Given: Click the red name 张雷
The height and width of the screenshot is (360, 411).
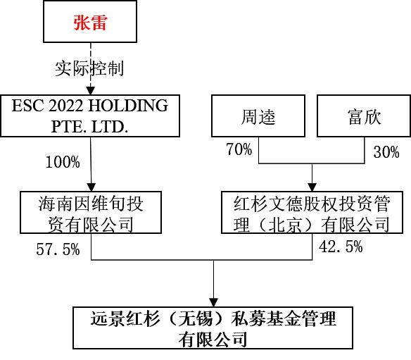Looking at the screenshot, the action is pyautogui.click(x=90, y=23).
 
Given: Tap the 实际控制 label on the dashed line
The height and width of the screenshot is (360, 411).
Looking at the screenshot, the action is pyautogui.click(x=89, y=68).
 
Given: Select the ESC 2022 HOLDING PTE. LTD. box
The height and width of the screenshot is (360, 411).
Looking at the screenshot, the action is pyautogui.click(x=90, y=116).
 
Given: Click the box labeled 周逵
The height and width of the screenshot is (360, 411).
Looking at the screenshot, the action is pyautogui.click(x=258, y=116).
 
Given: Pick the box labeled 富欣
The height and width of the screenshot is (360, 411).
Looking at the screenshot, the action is pyautogui.click(x=364, y=116).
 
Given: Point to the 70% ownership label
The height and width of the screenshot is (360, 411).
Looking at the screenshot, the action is pyautogui.click(x=239, y=149).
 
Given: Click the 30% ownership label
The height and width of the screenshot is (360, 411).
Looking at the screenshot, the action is pyautogui.click(x=386, y=152).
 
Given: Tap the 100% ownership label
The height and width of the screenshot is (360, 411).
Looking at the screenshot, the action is pyautogui.click(x=63, y=162).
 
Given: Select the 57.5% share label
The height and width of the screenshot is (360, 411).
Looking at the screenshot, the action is pyautogui.click(x=58, y=249).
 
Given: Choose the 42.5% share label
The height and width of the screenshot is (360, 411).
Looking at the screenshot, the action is pyautogui.click(x=341, y=247).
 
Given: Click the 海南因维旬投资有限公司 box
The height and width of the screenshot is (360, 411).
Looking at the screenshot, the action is pyautogui.click(x=91, y=212).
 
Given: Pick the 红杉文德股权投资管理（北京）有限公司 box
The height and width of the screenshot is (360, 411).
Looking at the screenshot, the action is pyautogui.click(x=312, y=212).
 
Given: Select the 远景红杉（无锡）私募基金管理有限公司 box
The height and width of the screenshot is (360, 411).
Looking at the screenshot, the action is pyautogui.click(x=213, y=328).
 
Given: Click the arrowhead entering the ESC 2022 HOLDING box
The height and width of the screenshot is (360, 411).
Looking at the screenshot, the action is pyautogui.click(x=90, y=91).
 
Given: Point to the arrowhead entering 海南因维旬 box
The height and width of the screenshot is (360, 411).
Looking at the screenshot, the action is pyautogui.click(x=91, y=187).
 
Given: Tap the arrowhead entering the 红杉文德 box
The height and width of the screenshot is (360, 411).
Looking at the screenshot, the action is pyautogui.click(x=312, y=187).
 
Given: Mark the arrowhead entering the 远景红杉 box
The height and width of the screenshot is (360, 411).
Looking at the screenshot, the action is pyautogui.click(x=214, y=303).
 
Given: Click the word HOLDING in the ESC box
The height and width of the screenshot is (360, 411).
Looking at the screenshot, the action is pyautogui.click(x=128, y=106).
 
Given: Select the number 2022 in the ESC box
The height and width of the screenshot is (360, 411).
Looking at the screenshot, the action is pyautogui.click(x=65, y=106).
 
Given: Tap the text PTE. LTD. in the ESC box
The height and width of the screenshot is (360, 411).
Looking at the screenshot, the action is pyautogui.click(x=89, y=127).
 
